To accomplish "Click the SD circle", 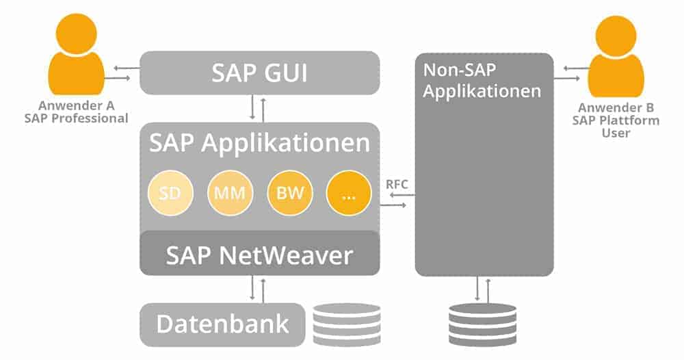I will point(169,194).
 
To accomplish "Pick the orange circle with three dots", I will point(348,194).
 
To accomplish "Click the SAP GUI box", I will point(259,73).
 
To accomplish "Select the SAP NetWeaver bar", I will point(259,255).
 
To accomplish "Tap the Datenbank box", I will point(222,324).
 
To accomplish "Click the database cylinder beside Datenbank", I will point(347,324).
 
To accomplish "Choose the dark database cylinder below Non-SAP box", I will point(482,324).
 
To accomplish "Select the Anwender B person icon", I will point(616,58).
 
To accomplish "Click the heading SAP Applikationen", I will point(259,144).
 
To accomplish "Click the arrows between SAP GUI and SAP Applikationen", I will point(257,108).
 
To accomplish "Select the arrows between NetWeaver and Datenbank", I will point(257,289).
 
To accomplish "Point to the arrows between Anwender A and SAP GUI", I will point(121,73).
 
